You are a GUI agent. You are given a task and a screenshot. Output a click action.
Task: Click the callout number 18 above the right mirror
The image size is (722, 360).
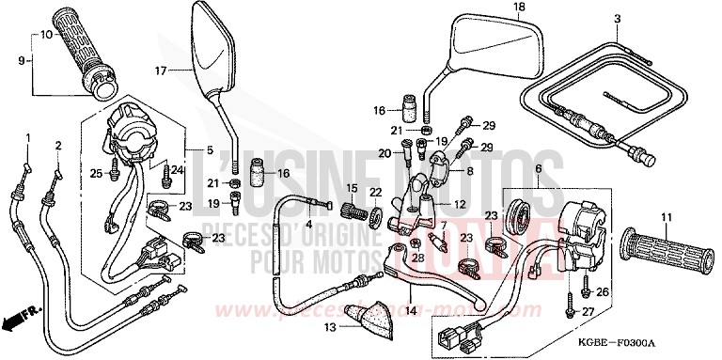(x=492, y=8)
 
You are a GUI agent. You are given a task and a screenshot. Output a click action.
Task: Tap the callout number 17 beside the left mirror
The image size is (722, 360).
(x=161, y=70)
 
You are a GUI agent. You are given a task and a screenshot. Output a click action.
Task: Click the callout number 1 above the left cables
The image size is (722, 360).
(x=27, y=138)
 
